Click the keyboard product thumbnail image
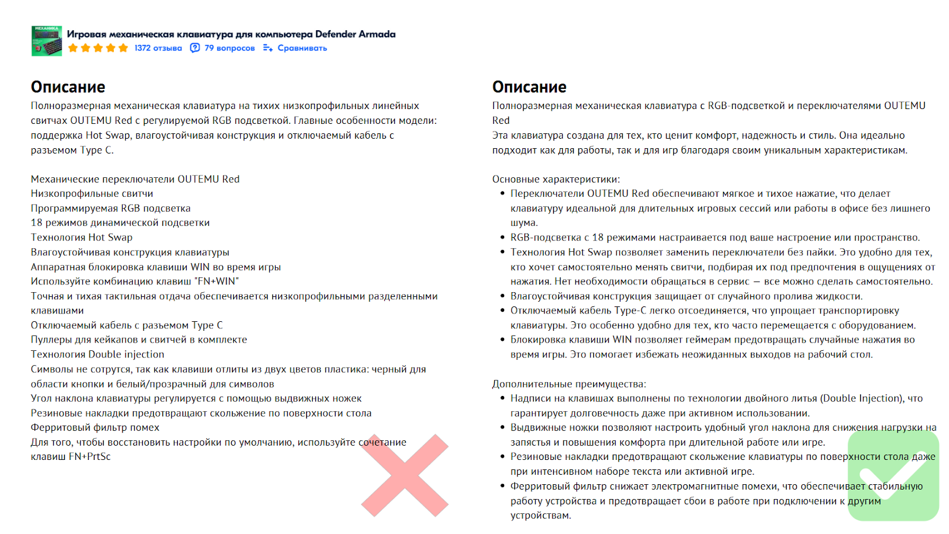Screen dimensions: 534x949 click(x=46, y=41)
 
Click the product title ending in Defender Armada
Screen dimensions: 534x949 click(x=231, y=34)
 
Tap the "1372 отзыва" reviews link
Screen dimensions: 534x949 click(x=158, y=48)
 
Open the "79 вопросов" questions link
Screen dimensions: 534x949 click(x=230, y=48)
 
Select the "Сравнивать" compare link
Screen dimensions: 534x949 click(x=302, y=48)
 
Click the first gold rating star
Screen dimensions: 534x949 click(x=73, y=48)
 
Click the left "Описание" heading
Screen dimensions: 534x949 click(x=68, y=87)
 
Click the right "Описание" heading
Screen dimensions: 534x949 click(x=529, y=87)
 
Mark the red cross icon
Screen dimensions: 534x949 click(x=405, y=475)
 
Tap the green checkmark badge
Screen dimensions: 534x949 click(x=893, y=475)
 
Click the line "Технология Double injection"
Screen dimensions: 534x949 click(x=97, y=354)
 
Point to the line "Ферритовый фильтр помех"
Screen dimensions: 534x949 click(x=95, y=427)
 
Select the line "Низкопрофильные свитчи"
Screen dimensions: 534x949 click(x=92, y=194)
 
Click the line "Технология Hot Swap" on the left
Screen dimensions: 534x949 click(x=81, y=238)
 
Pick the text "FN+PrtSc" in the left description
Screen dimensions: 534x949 click(x=90, y=457)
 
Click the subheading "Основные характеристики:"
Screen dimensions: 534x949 click(x=556, y=179)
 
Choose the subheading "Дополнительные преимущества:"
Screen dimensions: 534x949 click(x=569, y=384)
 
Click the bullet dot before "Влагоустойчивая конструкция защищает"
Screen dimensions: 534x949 click(x=502, y=296)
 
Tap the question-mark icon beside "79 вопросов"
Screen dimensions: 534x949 click(x=195, y=48)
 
